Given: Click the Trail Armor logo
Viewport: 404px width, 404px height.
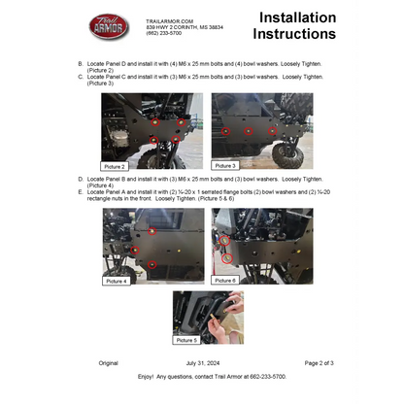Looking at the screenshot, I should pyautogui.click(x=109, y=26).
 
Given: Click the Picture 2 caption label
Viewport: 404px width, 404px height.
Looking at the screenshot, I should pyautogui.click(x=116, y=166).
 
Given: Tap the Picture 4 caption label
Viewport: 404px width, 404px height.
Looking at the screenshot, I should pyautogui.click(x=116, y=280).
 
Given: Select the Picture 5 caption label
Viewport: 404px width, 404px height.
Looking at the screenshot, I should pyautogui.click(x=186, y=340).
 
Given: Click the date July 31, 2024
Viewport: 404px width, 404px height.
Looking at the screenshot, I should pyautogui.click(x=203, y=362).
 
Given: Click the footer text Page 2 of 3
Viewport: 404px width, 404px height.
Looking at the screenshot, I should pyautogui.click(x=319, y=362).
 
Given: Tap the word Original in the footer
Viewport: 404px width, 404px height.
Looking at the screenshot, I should pyautogui.click(x=108, y=362).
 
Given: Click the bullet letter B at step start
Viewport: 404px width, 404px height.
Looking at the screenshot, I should pyautogui.click(x=80, y=63).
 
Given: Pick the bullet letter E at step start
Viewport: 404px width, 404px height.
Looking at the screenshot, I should pyautogui.click(x=80, y=191).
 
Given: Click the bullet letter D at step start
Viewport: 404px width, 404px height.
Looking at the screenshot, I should pyautogui.click(x=80, y=180).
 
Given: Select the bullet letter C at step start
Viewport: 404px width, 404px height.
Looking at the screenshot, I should pyautogui.click(x=80, y=78).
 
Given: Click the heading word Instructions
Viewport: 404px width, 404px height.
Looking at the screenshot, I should pyautogui.click(x=299, y=34).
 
